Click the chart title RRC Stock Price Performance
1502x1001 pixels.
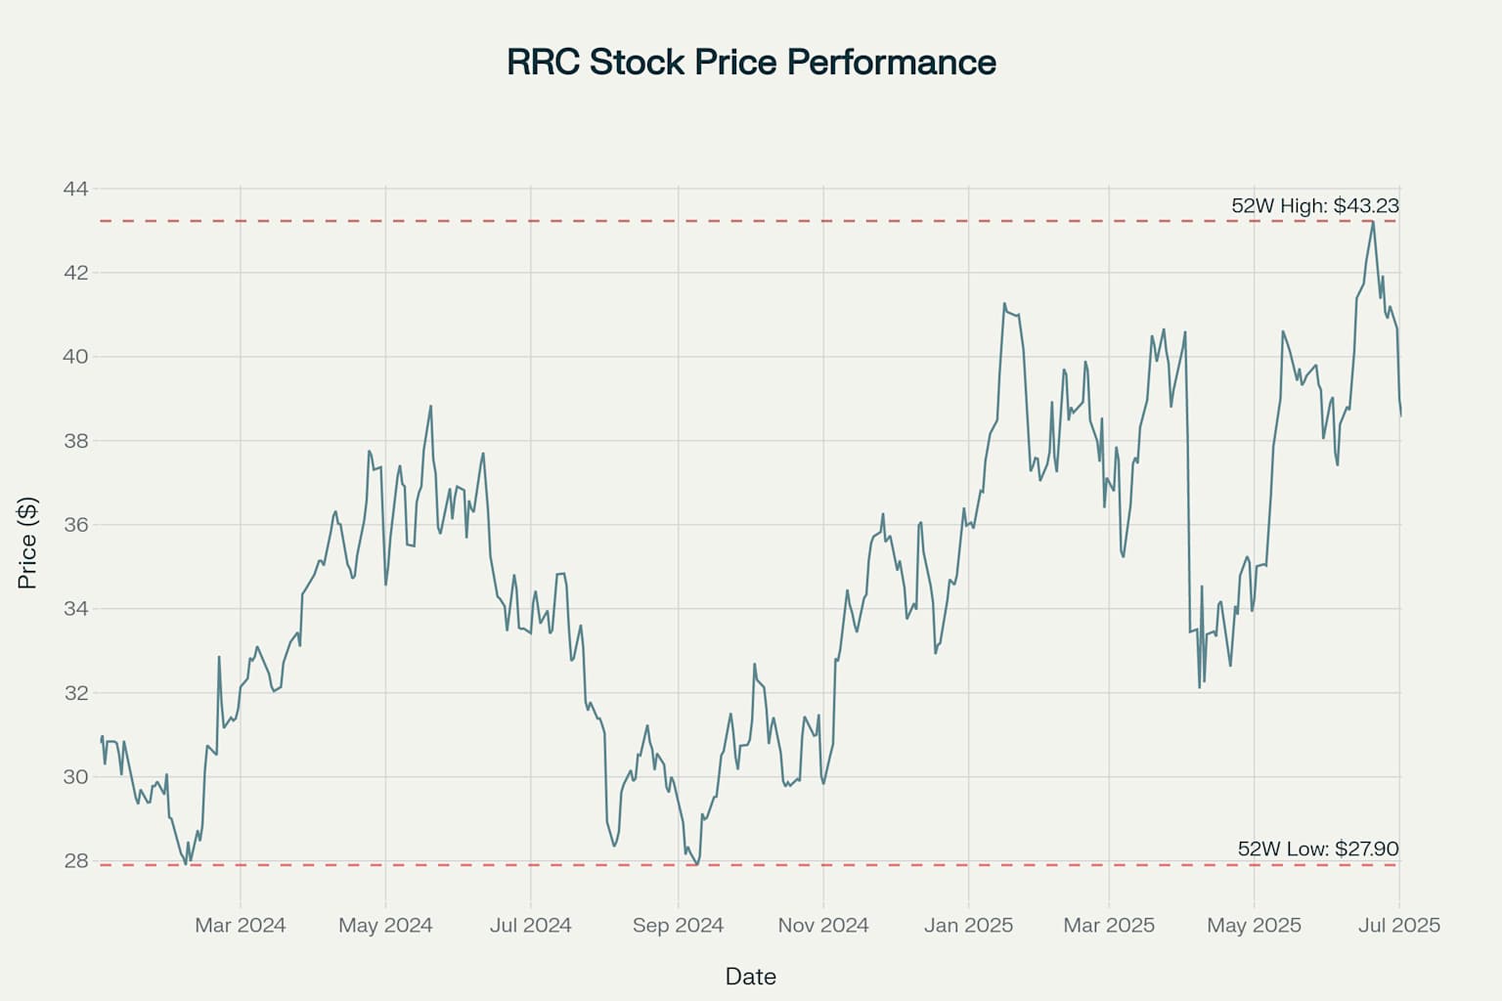click(751, 62)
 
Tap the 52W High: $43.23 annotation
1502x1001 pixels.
click(1314, 206)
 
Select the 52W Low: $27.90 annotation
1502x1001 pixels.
click(1317, 849)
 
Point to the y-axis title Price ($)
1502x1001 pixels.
click(27, 544)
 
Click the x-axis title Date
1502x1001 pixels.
click(751, 976)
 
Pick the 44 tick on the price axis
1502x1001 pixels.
click(75, 189)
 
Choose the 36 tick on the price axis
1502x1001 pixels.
click(75, 525)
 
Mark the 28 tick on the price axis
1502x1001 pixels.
click(75, 861)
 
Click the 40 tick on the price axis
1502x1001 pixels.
click(75, 357)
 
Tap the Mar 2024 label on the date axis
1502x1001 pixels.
click(241, 925)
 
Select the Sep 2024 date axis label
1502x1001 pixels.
click(678, 925)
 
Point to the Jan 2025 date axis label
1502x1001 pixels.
click(968, 925)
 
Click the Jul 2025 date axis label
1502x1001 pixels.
click(1399, 925)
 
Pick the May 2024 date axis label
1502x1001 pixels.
click(385, 925)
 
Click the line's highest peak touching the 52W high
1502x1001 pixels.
click(1373, 222)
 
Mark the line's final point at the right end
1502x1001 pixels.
click(1400, 415)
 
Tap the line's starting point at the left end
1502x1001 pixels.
click(101, 740)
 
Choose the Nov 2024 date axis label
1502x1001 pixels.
click(823, 925)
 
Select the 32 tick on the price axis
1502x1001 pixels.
click(75, 693)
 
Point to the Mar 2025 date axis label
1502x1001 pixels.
click(1109, 925)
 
